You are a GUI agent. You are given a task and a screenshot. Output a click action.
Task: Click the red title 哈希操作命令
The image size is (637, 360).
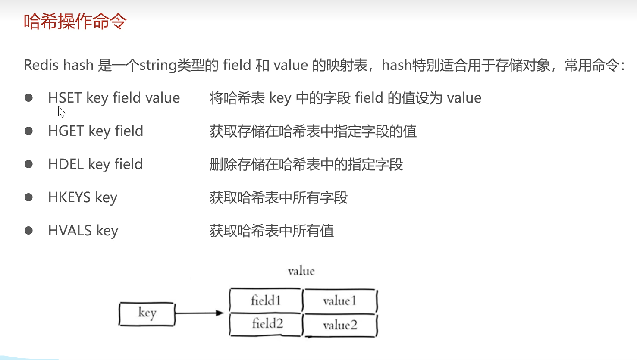[75, 22]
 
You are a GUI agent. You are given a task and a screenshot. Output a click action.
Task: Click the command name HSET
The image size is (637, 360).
[65, 98]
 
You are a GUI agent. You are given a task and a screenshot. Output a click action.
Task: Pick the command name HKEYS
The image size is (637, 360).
[69, 197]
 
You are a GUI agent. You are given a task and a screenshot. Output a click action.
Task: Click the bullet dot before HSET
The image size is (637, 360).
[29, 98]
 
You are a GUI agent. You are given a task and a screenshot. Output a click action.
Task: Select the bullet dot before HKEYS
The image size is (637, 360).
[29, 197]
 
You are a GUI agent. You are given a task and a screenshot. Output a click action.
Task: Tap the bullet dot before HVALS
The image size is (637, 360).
[29, 231]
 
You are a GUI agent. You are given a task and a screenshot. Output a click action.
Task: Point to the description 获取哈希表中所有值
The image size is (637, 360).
[272, 231]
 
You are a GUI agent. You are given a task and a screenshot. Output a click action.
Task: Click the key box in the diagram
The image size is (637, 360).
[147, 313]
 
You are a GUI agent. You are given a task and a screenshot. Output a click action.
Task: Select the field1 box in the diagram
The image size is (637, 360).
[266, 301]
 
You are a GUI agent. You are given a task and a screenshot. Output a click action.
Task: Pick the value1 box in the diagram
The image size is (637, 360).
[340, 301]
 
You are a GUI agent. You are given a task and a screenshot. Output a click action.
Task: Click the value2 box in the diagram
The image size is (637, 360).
[340, 325]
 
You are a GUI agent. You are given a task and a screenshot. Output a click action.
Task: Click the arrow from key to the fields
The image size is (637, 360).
[200, 313]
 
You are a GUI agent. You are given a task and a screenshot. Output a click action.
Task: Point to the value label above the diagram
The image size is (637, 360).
[301, 271]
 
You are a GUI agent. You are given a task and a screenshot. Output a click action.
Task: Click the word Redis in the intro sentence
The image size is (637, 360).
[41, 65]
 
